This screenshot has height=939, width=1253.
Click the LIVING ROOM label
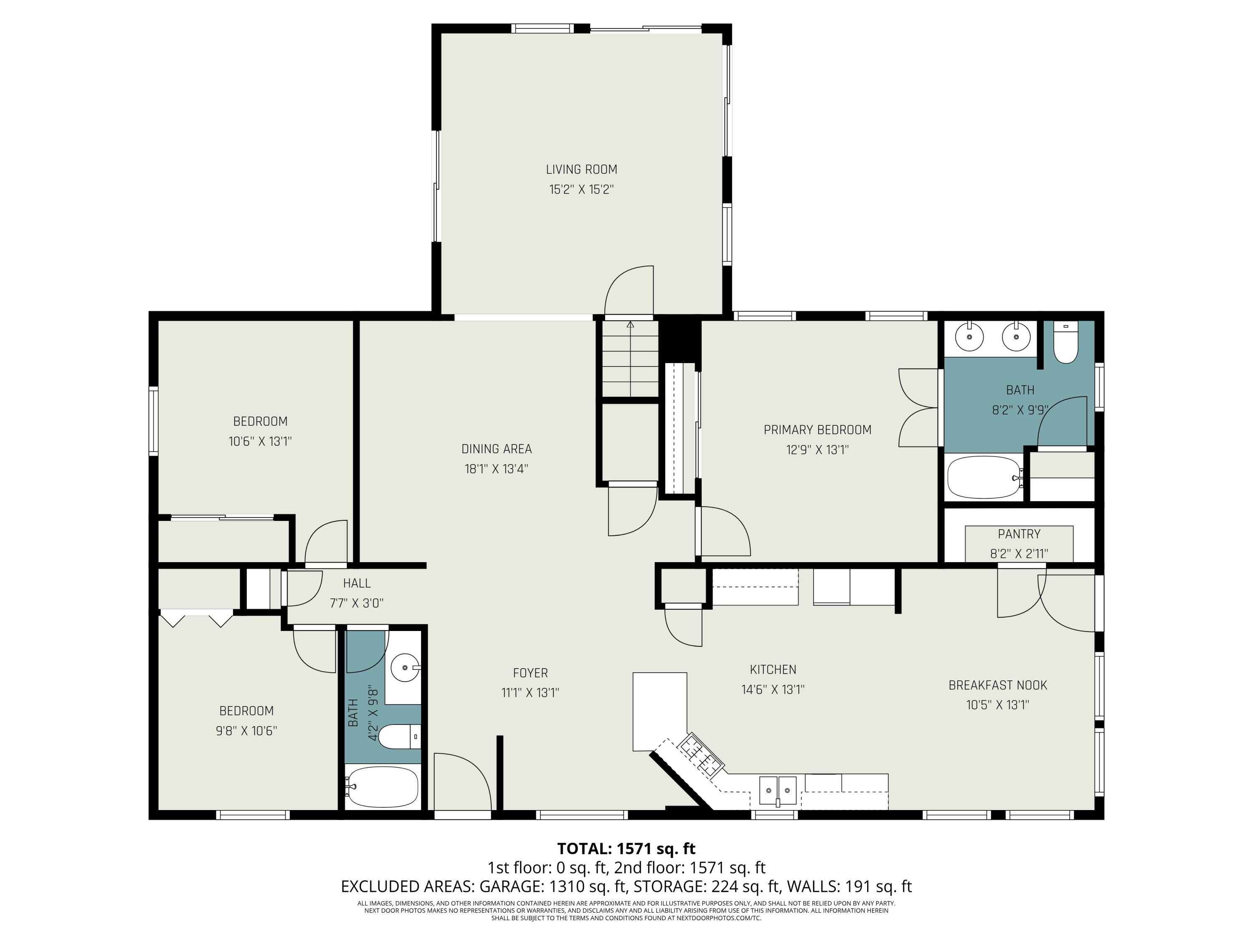581,169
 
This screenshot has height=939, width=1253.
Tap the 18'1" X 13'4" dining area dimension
496,469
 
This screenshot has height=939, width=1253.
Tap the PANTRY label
1019,534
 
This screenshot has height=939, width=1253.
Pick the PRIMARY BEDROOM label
817,429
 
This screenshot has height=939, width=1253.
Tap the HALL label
356,583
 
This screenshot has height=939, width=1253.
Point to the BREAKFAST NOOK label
997,685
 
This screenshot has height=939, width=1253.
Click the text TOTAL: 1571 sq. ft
626,848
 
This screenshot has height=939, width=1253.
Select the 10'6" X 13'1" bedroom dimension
260,441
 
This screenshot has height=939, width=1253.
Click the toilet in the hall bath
398,736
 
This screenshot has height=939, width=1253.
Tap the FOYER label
530,673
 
